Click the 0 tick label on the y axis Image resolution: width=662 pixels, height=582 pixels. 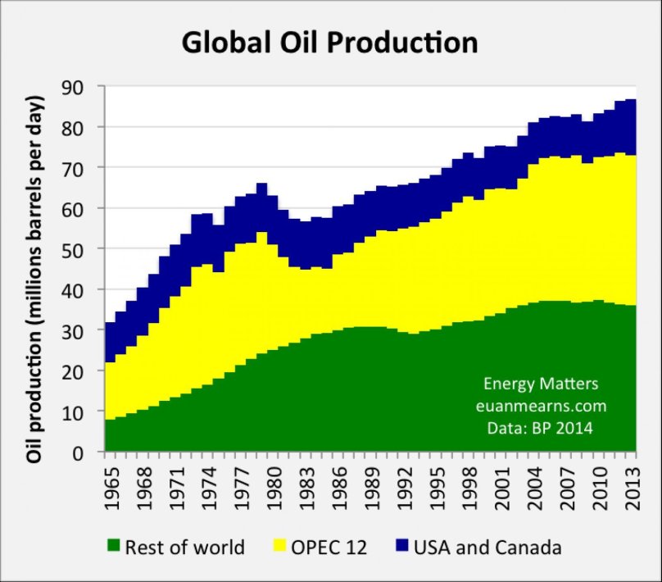tap(88, 452)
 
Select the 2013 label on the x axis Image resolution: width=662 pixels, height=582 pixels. tap(633, 490)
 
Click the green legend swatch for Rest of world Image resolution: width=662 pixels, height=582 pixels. tap(113, 547)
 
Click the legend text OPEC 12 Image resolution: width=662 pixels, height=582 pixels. tap(329, 547)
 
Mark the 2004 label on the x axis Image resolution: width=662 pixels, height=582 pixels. tap(533, 490)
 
